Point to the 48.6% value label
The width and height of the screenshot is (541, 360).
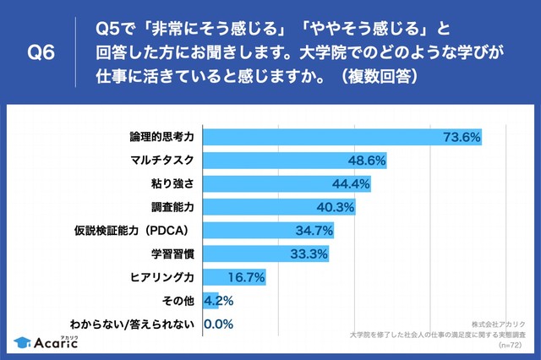point(367,160)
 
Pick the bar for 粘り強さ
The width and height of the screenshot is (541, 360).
point(288,183)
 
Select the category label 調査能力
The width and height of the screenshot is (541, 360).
point(175,206)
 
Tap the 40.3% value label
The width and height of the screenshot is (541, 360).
point(336,206)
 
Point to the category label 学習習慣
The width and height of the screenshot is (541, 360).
point(175,253)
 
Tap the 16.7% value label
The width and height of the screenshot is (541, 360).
point(249,276)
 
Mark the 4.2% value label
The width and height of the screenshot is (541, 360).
point(220,300)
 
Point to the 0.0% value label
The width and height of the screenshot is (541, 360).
point(217,323)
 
